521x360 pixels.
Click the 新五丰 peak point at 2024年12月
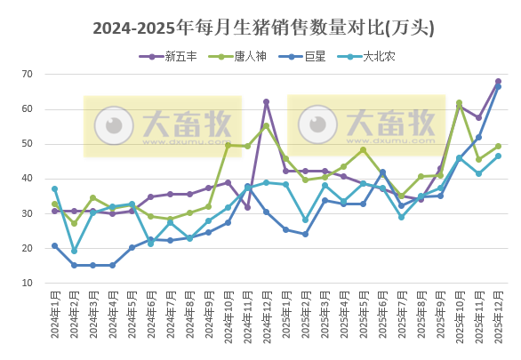266,101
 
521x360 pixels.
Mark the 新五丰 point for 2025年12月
498,81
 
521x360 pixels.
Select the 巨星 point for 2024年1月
54,245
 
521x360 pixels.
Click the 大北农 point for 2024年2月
74,251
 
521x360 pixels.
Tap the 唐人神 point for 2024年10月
228,145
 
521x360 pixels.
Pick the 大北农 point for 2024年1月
54,188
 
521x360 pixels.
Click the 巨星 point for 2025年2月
305,234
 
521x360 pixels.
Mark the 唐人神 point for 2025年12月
498,146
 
